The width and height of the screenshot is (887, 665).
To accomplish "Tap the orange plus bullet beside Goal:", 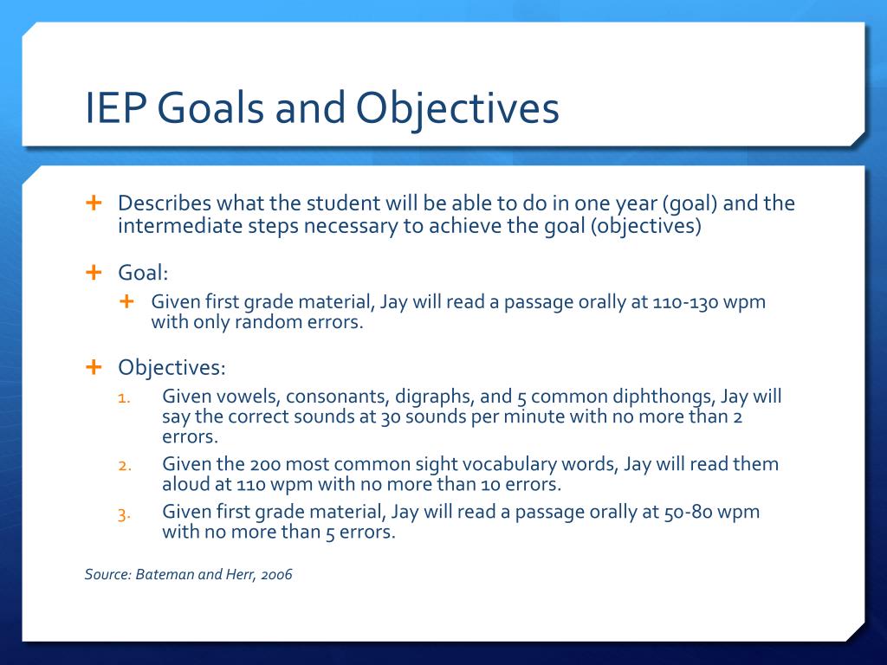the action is tap(94, 273).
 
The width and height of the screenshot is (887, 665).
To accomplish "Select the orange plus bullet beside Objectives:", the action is tap(94, 367).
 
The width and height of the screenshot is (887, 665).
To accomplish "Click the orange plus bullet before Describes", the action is tap(94, 203).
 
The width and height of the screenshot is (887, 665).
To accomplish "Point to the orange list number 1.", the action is tap(124, 398).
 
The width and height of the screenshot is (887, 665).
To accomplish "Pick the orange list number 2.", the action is tap(125, 466).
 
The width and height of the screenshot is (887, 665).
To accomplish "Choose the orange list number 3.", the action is tap(125, 514).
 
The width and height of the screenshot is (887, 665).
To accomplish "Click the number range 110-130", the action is tap(684, 302).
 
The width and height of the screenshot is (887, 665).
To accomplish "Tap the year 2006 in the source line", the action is tap(276, 575).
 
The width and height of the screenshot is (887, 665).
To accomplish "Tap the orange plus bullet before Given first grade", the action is tap(126, 301).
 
